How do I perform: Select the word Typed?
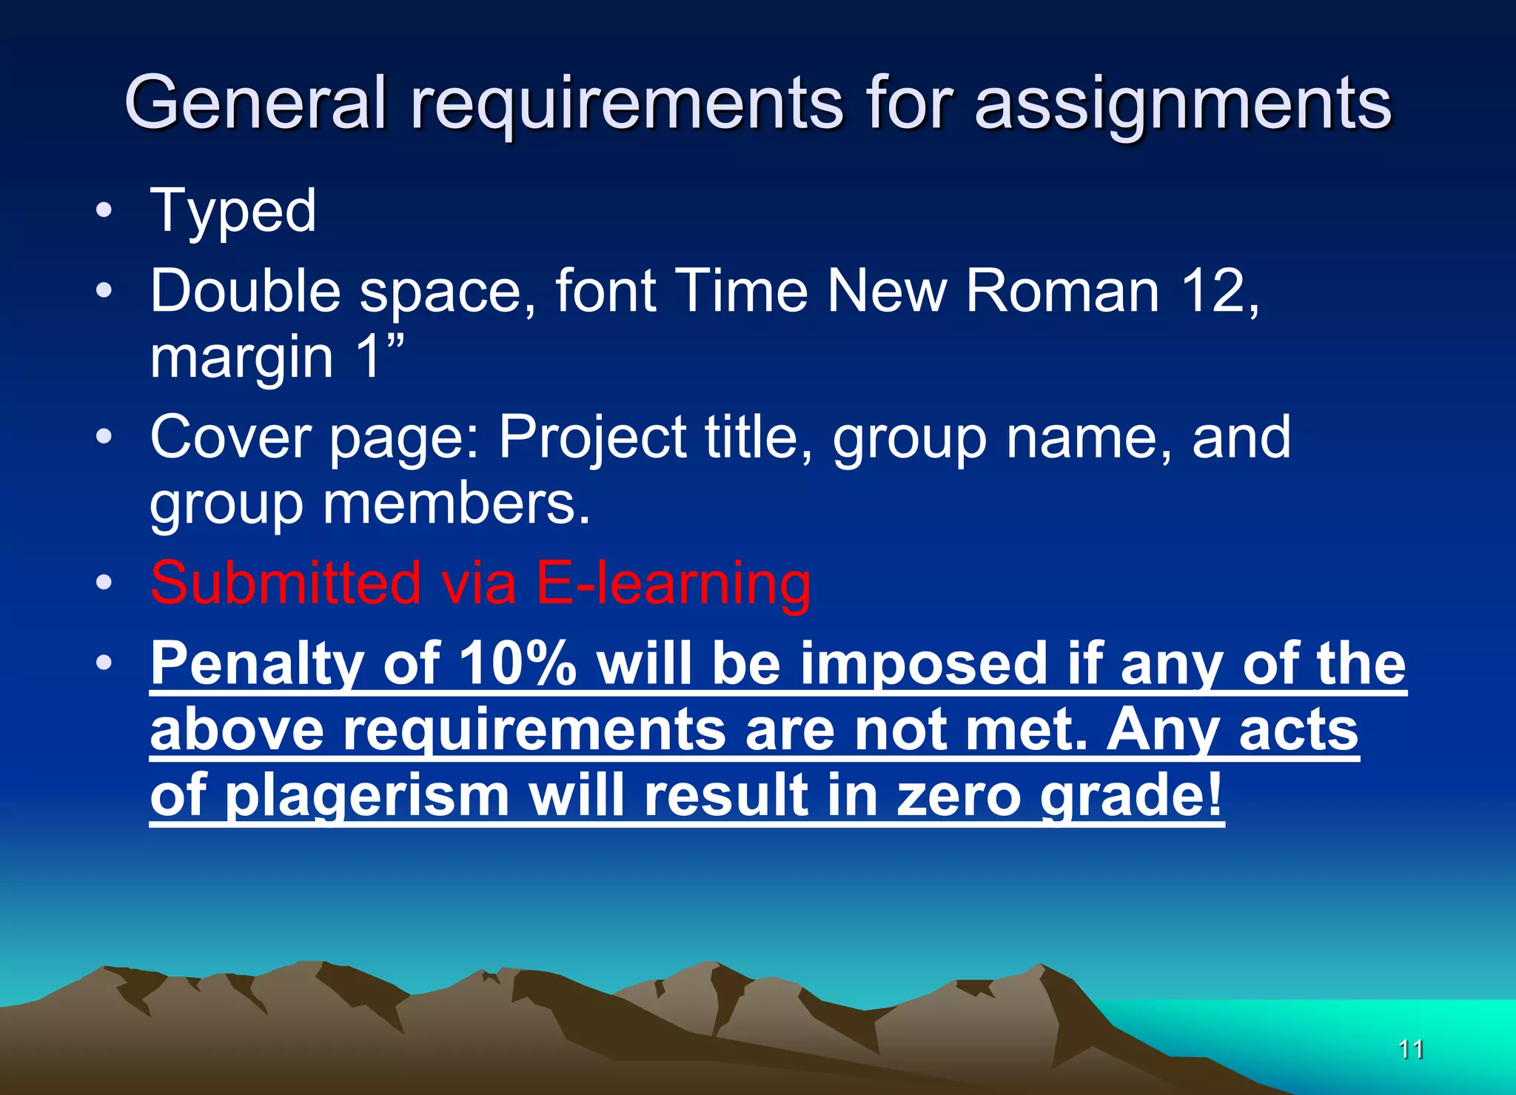pyautogui.click(x=233, y=211)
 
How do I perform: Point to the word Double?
pyautogui.click(x=245, y=290)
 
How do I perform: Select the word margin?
pyautogui.click(x=242, y=357)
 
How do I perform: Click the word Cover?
pyautogui.click(x=230, y=437)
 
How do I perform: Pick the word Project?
pyautogui.click(x=592, y=438)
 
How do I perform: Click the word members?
pyautogui.click(x=456, y=503)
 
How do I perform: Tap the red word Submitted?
pyautogui.click(x=286, y=583)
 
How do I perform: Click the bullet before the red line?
pyautogui.click(x=104, y=582)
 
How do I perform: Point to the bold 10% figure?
pyautogui.click(x=517, y=663)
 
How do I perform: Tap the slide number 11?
pyautogui.click(x=1411, y=1049)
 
